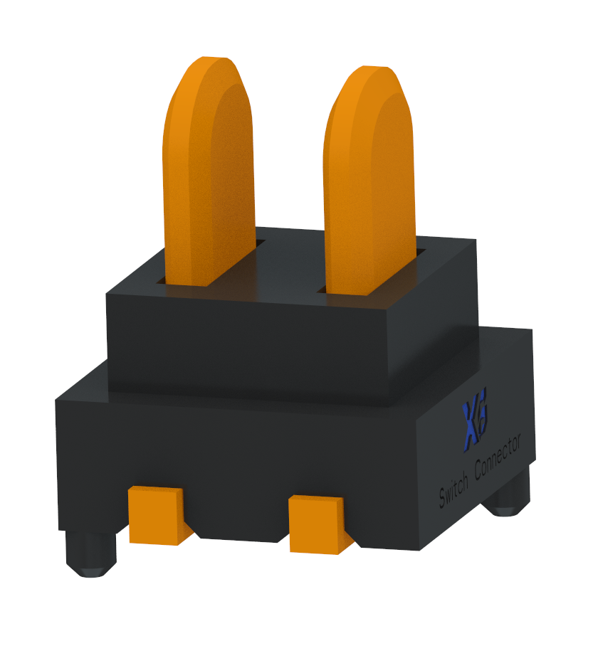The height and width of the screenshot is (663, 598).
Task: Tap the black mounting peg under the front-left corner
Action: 90,555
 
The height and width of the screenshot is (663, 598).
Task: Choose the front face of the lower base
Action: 235,455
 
